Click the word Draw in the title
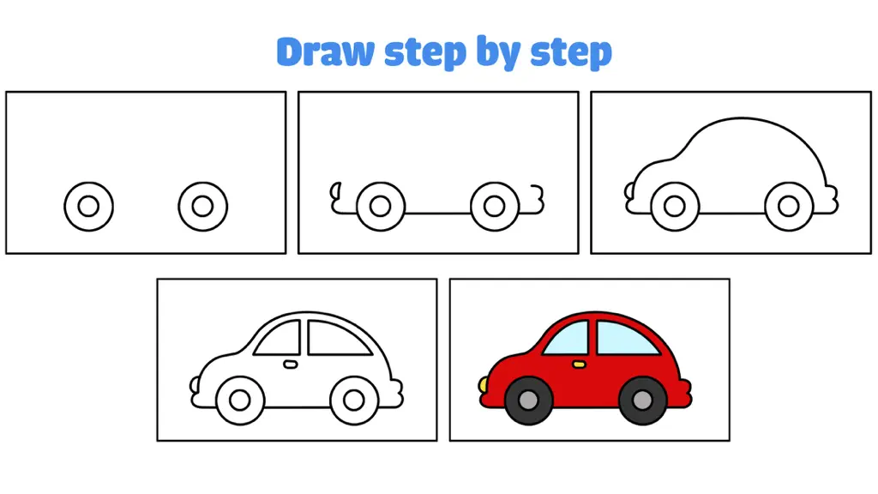coord(325,51)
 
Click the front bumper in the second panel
coord(336,198)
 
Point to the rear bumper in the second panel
coord(537,199)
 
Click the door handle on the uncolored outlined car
coord(290,364)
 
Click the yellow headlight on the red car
coord(483,385)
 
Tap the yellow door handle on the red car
coord(579,364)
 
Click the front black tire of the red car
coord(528,401)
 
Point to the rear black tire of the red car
coord(642,401)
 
